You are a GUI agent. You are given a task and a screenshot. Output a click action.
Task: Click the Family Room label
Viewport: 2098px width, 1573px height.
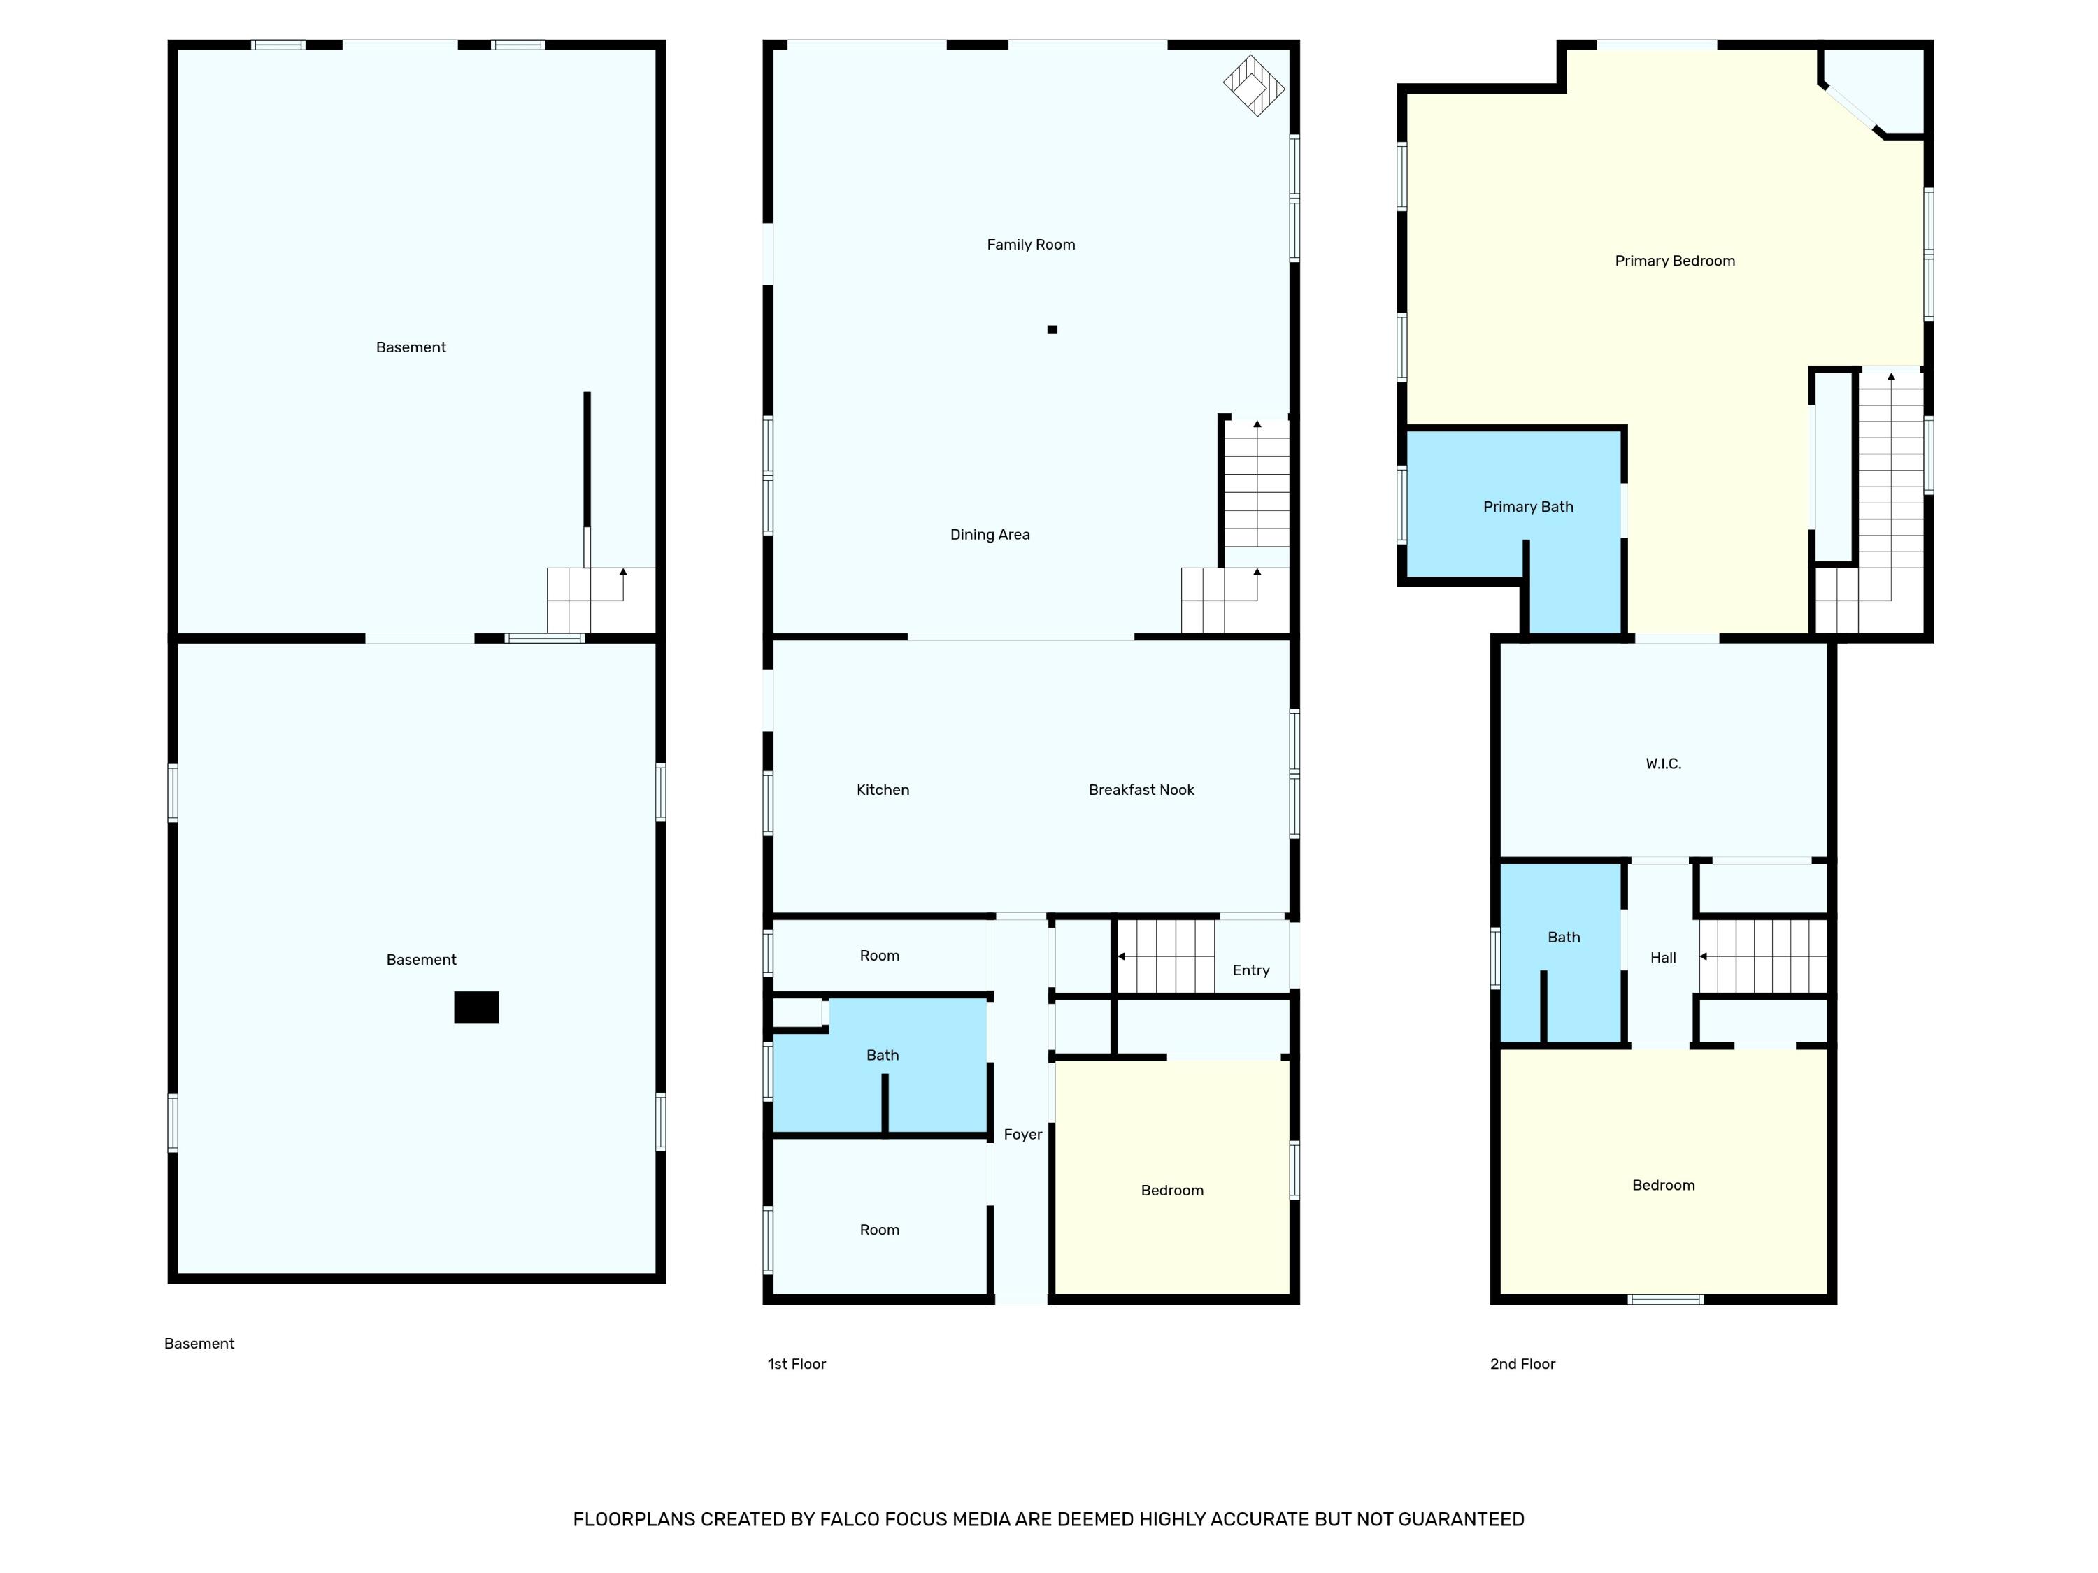pos(1031,245)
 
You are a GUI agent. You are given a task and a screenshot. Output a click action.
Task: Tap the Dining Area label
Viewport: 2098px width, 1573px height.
pos(990,535)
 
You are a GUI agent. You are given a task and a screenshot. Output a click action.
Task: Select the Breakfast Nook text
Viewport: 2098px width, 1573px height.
pos(1141,790)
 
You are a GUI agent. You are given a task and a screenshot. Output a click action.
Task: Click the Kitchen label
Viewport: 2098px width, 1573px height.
pos(882,790)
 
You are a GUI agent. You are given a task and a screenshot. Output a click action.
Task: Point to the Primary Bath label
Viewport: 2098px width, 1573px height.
pos(1528,508)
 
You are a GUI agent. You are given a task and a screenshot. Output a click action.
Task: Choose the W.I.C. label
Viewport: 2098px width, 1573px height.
pos(1662,764)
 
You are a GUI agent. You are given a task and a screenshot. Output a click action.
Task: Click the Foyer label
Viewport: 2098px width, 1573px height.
pos(1022,1135)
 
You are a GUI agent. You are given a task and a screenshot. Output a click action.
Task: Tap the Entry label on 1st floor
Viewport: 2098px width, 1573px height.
pos(1250,970)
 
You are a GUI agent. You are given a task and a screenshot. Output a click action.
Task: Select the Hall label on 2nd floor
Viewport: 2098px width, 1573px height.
pos(1662,958)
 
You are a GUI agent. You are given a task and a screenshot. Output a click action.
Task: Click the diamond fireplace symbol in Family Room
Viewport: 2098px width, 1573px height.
pos(1254,86)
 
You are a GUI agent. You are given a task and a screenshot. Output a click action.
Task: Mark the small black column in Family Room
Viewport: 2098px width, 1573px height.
pos(1052,330)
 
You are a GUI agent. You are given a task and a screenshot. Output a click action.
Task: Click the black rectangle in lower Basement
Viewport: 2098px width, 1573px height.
pos(476,1007)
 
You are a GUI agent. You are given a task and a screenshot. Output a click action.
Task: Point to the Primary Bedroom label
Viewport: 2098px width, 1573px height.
pos(1675,261)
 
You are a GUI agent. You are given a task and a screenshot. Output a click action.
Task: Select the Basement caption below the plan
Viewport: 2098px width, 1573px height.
pos(199,1344)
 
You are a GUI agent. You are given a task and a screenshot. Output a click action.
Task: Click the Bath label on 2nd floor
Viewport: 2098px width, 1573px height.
pos(1563,938)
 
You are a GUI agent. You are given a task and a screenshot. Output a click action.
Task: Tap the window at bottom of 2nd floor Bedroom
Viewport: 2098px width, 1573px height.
pos(1666,1299)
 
